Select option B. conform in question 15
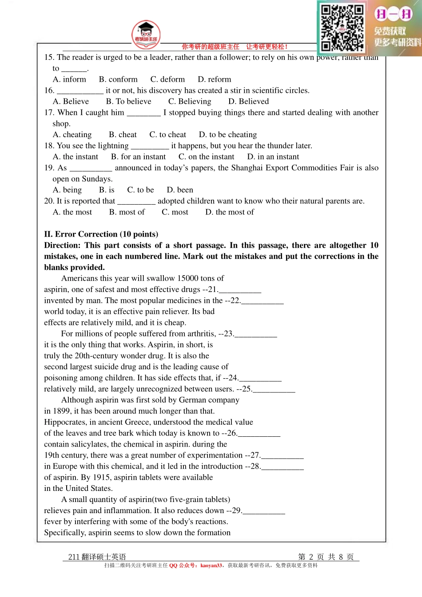(118, 79)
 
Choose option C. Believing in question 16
(190, 102)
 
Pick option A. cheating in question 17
(72, 135)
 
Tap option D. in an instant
(273, 157)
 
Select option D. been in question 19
(180, 190)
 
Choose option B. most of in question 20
(127, 212)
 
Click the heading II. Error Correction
(101, 234)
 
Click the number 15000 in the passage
(187, 278)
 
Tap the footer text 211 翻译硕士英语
(97, 557)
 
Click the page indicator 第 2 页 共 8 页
(326, 557)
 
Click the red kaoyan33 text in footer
(211, 565)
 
